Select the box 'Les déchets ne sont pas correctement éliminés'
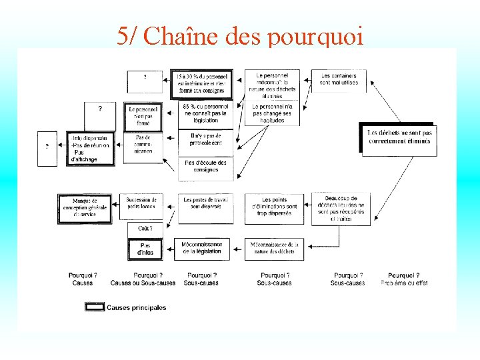[399, 137]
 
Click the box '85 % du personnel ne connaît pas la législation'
[205, 114]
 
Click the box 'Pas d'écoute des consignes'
[205, 167]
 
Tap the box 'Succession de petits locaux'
[141, 203]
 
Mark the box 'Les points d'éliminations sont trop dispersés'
[274, 207]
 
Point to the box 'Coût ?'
[145, 229]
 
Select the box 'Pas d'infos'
[145, 249]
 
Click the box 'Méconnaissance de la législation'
[202, 248]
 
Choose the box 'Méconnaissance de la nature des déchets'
[274, 248]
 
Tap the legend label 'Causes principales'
[136, 307]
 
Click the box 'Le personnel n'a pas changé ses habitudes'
[272, 113]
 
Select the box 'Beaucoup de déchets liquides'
[341, 209]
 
